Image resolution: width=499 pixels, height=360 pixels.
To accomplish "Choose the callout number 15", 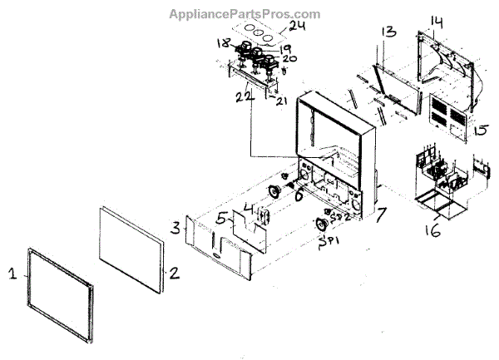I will click(x=480, y=131).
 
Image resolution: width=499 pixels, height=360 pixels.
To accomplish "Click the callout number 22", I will click(x=243, y=97).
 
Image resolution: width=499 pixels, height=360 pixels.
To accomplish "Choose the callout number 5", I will click(x=220, y=219).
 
